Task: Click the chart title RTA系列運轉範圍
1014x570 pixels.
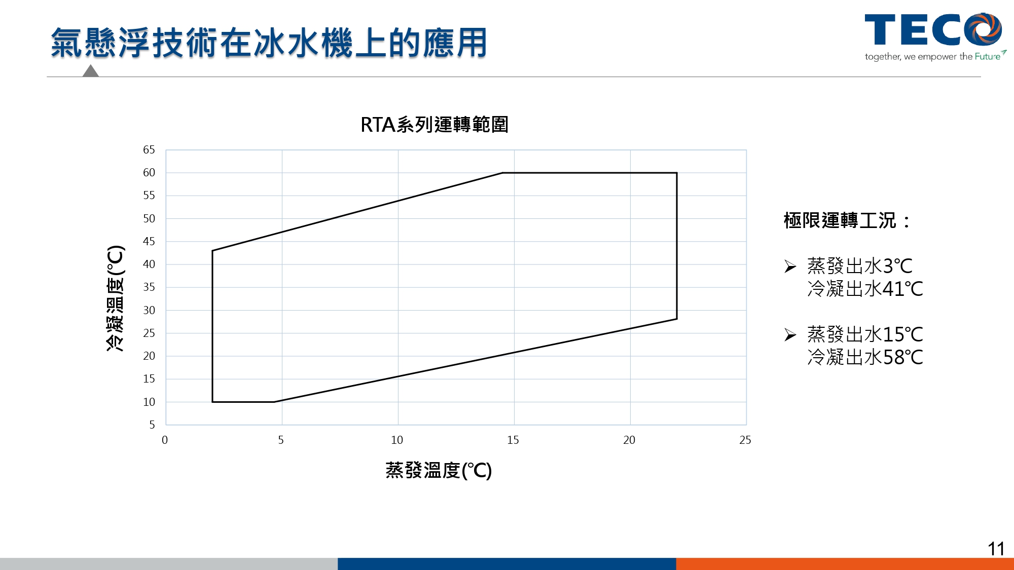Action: click(x=434, y=125)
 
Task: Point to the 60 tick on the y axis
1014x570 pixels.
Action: click(x=149, y=173)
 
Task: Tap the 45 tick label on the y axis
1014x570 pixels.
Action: click(x=149, y=242)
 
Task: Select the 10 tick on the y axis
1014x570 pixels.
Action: click(x=149, y=402)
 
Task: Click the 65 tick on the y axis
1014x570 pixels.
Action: click(x=149, y=150)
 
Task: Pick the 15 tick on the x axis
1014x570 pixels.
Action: click(x=513, y=440)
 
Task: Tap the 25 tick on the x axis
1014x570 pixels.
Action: click(x=745, y=440)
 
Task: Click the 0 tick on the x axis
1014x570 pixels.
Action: click(x=165, y=440)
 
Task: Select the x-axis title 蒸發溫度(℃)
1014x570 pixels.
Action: click(x=439, y=470)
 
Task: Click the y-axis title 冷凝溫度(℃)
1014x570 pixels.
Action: click(x=115, y=298)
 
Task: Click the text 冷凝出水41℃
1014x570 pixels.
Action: click(x=865, y=289)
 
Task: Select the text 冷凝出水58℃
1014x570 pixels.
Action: click(x=865, y=357)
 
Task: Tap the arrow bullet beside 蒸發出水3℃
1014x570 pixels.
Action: click(x=790, y=266)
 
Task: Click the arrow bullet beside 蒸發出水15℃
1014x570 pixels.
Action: click(x=790, y=335)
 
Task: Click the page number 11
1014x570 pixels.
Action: click(x=996, y=549)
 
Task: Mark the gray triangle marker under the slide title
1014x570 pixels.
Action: click(x=90, y=70)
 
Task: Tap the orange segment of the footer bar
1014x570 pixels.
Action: click(x=845, y=564)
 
